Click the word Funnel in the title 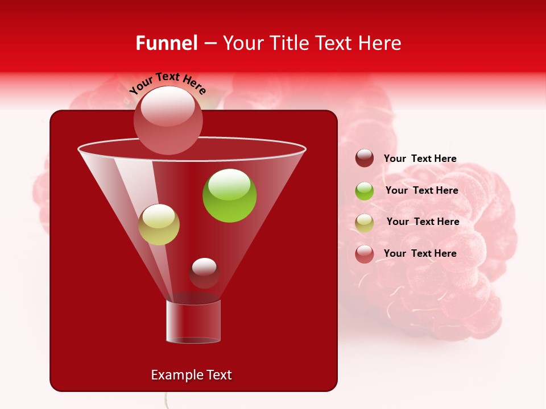pos(166,43)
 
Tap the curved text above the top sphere pos(168,82)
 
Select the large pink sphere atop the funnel pos(168,120)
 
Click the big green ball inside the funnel pos(230,195)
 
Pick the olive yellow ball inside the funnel pos(159,224)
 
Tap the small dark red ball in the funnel pos(204,273)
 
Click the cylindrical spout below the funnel pos(193,322)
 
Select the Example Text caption pos(192,375)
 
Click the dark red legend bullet pos(365,158)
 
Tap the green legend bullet pos(365,191)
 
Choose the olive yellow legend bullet pos(365,222)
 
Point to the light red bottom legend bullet pos(365,253)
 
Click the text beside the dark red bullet pos(420,158)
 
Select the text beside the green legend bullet pos(421,190)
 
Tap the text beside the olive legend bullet pos(423,222)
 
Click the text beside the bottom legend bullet pos(420,253)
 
